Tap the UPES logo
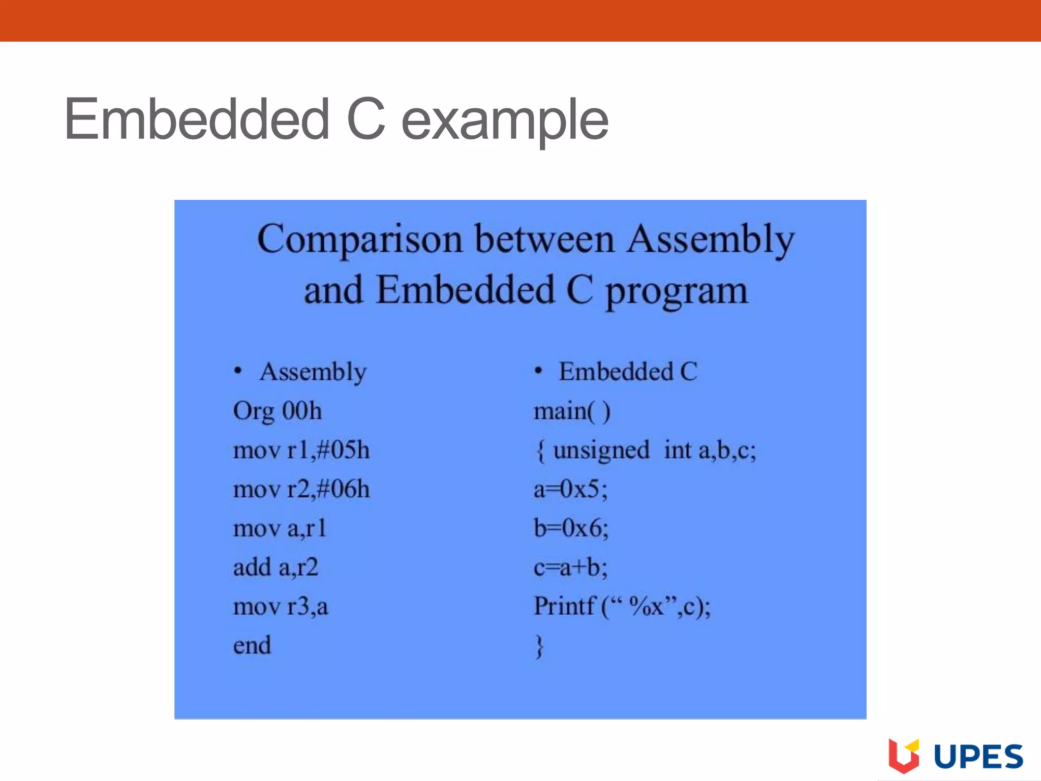[x=956, y=756]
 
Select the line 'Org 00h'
[x=278, y=411]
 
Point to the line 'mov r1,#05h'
[x=301, y=450]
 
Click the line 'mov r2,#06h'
[x=301, y=489]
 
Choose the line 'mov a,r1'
[x=280, y=528]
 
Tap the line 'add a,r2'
[x=275, y=567]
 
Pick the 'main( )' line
[x=572, y=411]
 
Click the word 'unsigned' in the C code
[x=601, y=450]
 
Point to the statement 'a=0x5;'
[x=570, y=489]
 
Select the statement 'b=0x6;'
[x=571, y=528]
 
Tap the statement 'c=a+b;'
[x=570, y=567]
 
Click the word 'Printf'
[x=564, y=606]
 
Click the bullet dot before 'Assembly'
[x=238, y=371]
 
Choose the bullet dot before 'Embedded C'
[x=538, y=371]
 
